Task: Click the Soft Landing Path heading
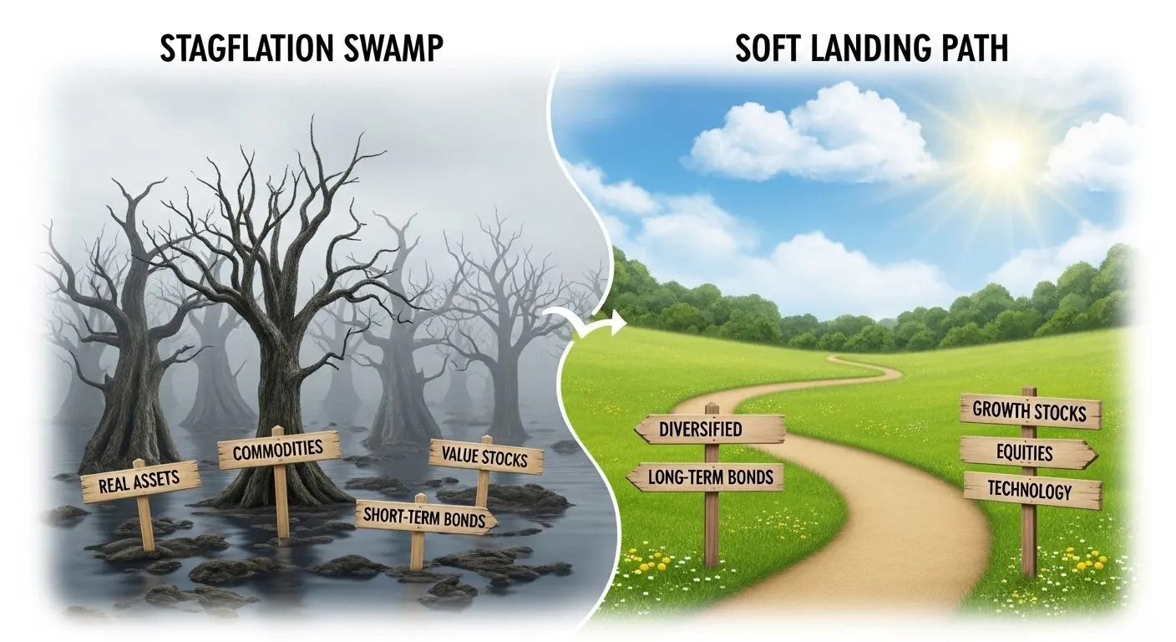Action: [871, 49]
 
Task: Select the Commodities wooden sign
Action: [278, 451]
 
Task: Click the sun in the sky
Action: [1001, 152]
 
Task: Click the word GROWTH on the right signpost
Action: [999, 411]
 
